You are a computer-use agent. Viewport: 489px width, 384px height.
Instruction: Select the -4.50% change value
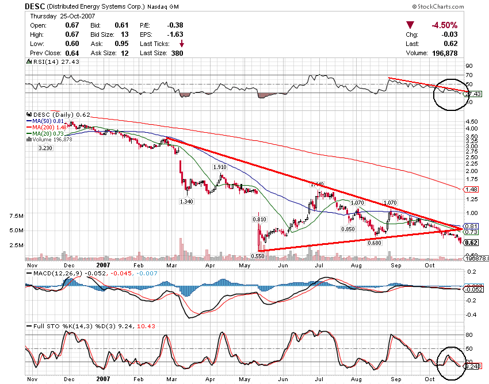click(x=444, y=25)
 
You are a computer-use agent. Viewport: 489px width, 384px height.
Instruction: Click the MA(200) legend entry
click(x=49, y=127)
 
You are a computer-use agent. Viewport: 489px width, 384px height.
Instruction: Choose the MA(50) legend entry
click(x=48, y=121)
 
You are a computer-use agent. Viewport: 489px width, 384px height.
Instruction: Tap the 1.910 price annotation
click(x=219, y=167)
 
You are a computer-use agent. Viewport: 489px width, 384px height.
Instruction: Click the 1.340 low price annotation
click(x=186, y=201)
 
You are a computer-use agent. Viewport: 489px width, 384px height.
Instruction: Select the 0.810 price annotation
click(x=259, y=219)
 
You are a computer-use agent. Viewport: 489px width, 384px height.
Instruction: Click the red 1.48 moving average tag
click(x=471, y=189)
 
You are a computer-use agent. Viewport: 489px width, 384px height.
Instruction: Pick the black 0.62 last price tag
click(x=471, y=243)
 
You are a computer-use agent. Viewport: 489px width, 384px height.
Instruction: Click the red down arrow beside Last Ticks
click(x=182, y=44)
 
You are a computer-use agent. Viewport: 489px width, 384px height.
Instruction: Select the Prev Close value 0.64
click(x=71, y=53)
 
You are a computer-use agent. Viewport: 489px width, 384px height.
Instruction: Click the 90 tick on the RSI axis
click(x=469, y=66)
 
